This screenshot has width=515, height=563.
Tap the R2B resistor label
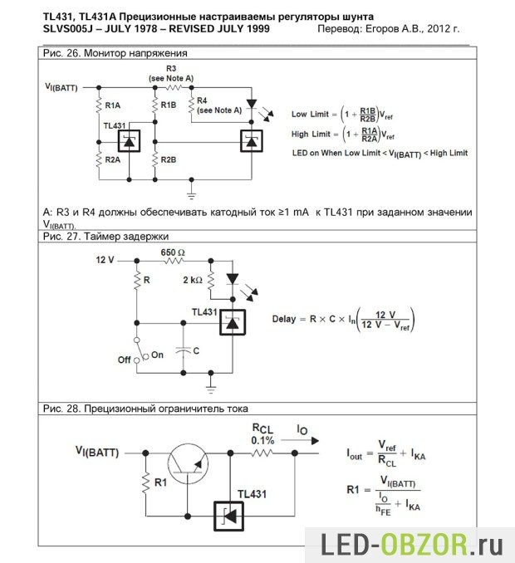tap(169, 159)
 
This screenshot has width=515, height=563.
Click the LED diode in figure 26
tap(252, 105)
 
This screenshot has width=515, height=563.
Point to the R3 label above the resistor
tap(171, 67)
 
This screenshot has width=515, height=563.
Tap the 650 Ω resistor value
tap(173, 251)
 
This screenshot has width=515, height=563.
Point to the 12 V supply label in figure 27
tap(105, 260)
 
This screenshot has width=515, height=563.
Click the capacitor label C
tap(196, 351)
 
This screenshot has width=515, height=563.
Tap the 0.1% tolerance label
tap(262, 440)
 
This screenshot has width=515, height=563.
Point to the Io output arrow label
tap(303, 430)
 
